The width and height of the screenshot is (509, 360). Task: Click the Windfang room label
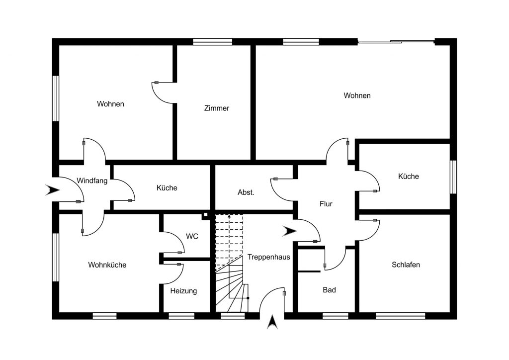(92, 180)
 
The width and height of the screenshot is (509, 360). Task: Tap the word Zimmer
(217, 108)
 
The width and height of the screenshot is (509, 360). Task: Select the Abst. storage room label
(246, 192)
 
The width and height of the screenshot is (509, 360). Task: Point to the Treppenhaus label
(268, 257)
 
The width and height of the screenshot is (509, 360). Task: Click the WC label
(192, 236)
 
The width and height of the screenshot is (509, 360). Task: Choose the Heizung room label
(183, 291)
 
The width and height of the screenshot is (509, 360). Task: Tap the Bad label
(329, 290)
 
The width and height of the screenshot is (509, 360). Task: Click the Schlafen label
(406, 265)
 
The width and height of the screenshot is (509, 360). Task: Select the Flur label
(326, 204)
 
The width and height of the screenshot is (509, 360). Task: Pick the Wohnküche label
(107, 265)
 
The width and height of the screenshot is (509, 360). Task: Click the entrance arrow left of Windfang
(52, 190)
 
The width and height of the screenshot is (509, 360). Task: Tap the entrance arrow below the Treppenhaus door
(272, 322)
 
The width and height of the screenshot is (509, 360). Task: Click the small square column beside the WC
(205, 215)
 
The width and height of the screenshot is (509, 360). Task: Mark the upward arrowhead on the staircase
(229, 216)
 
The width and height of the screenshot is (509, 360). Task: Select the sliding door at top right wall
(396, 42)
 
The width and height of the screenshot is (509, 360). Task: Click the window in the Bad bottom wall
(336, 316)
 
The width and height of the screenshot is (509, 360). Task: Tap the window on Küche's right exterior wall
(453, 177)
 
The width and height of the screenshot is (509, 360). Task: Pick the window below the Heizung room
(181, 316)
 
